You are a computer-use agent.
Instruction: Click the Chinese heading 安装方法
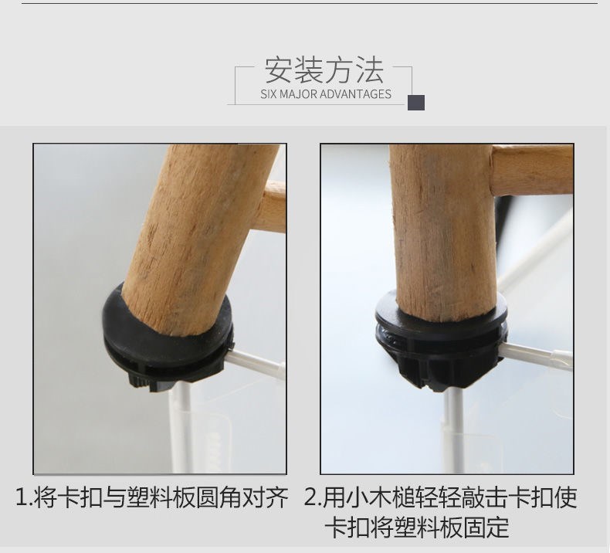tap(324, 70)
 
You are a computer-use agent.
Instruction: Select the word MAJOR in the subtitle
tap(298, 94)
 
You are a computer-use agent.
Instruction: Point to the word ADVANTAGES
tap(355, 94)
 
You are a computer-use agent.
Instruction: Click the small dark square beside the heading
tap(416, 103)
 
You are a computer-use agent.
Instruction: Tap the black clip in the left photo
tap(168, 342)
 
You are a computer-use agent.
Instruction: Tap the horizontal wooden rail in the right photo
tap(532, 170)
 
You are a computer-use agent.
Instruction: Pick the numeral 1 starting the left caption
tap(22, 497)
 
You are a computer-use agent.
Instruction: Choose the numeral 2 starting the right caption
tap(311, 497)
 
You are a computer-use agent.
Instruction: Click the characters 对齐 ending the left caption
tap(266, 497)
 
